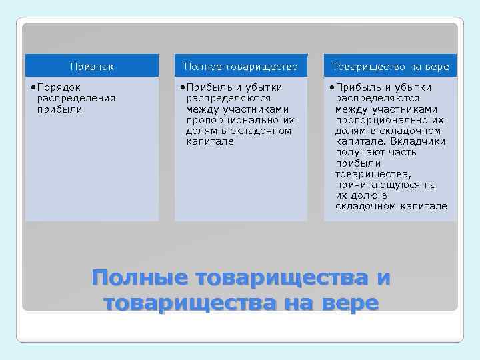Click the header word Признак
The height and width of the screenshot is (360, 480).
click(92, 67)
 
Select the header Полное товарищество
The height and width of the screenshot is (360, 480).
click(241, 67)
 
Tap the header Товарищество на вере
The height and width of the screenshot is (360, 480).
click(391, 67)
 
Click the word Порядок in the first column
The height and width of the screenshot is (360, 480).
click(59, 87)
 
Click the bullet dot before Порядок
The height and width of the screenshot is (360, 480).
click(33, 87)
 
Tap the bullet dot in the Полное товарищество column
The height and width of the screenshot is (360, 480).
click(183, 87)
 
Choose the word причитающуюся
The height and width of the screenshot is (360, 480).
click(377, 185)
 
